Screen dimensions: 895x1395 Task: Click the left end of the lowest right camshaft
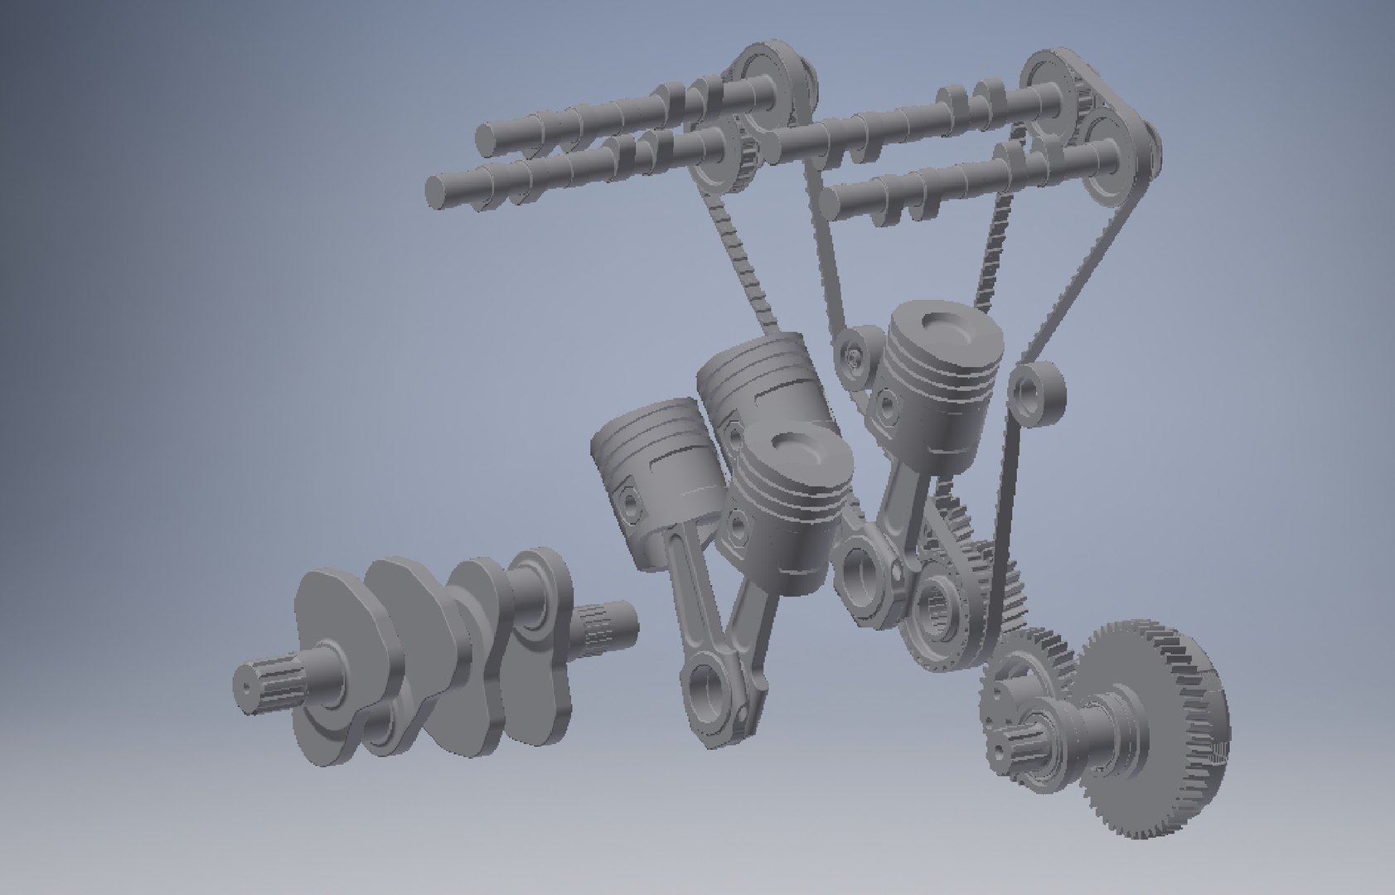click(833, 199)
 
